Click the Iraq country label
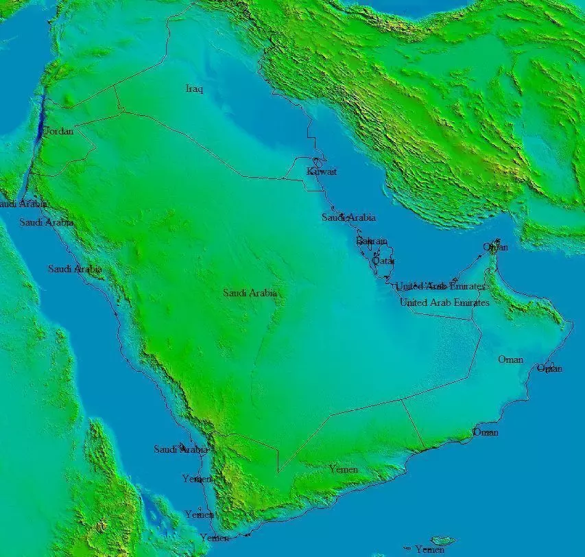[195, 88]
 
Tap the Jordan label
[58, 131]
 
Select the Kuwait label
[322, 171]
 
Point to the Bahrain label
[372, 241]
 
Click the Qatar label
[383, 261]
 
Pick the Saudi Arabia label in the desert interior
[250, 293]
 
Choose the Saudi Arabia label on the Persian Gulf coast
[348, 217]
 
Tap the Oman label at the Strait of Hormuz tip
[495, 247]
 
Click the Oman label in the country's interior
[510, 359]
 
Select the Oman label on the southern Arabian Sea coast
[486, 432]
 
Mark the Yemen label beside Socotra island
[429, 549]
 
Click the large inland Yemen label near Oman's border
[343, 470]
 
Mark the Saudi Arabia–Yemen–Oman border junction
[401, 399]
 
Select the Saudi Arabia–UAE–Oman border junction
[473, 320]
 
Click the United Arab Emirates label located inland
[444, 303]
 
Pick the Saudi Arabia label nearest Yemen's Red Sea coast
[180, 449]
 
